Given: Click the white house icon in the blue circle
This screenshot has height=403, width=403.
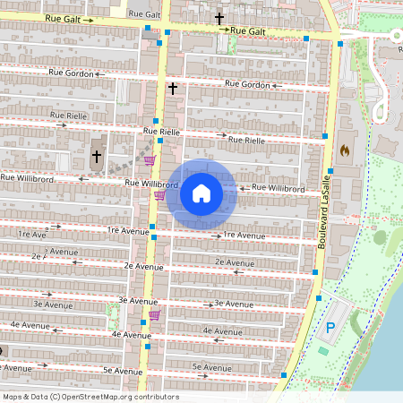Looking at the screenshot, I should tap(201, 193).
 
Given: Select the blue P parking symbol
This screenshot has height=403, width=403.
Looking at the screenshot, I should tap(330, 329).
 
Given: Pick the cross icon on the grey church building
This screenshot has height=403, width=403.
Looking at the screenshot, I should tap(97, 157).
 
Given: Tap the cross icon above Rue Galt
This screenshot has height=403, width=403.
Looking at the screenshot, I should tap(219, 18).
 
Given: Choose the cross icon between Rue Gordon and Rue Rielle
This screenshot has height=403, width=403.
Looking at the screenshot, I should tap(173, 89).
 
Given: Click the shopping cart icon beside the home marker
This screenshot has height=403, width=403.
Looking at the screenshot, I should tap(159, 195).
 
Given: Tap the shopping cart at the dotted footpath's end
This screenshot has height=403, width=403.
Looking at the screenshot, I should tap(150, 161).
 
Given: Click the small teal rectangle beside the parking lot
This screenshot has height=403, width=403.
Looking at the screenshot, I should tap(322, 350).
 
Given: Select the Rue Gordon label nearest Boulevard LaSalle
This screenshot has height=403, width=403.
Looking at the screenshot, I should tap(248, 84).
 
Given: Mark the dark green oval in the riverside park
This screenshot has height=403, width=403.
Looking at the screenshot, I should tap(381, 237).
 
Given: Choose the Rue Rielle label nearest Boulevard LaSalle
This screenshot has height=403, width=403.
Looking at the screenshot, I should tap(246, 140).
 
